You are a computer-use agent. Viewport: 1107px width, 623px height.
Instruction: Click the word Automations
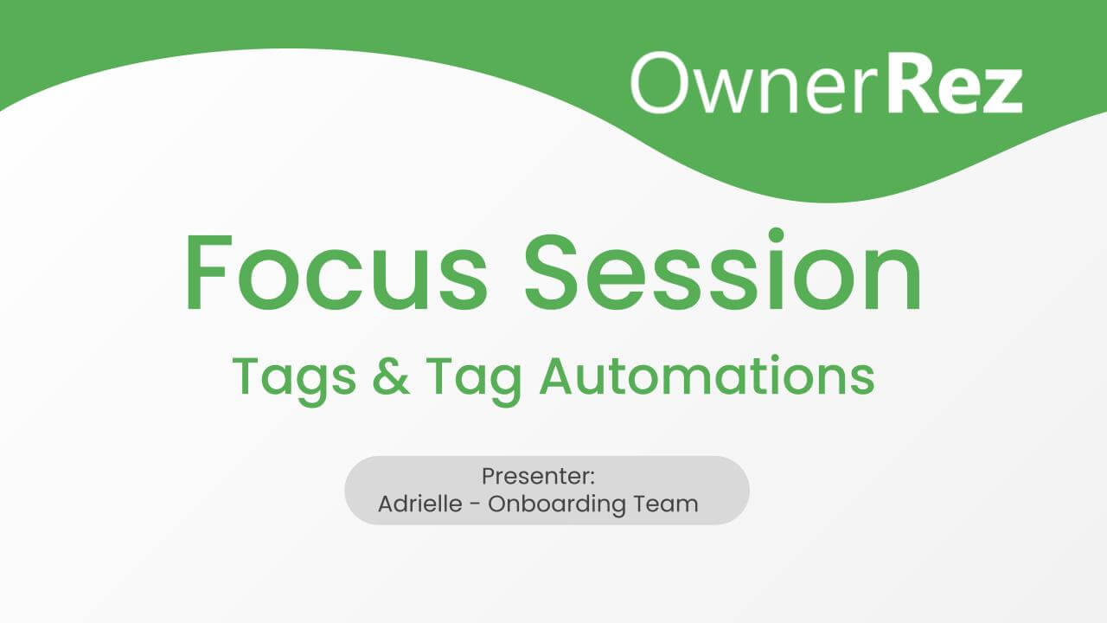(707, 376)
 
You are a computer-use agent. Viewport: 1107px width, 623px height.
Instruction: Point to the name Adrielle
(420, 504)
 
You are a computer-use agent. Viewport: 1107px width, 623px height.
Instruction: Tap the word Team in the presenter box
(666, 504)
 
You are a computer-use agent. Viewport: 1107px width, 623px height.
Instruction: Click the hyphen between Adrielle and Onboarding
(476, 504)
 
